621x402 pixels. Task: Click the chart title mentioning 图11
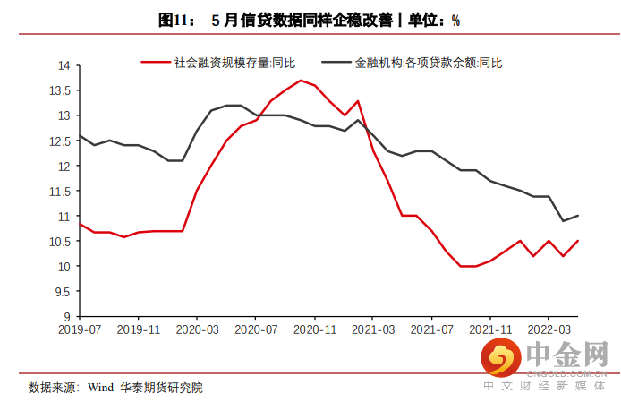[x=310, y=21]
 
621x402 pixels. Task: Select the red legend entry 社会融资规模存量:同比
[x=218, y=63]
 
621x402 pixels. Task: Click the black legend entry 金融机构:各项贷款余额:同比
[x=412, y=63]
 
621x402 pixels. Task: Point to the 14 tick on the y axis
[x=64, y=65]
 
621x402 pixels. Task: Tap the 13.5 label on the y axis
[x=60, y=90]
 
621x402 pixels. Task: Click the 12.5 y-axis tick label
[x=60, y=141]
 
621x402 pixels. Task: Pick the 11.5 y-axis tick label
[x=60, y=192]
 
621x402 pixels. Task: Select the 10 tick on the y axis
[x=64, y=267]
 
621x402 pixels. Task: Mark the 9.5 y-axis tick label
[x=63, y=292]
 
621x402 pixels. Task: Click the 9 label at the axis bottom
[x=67, y=317]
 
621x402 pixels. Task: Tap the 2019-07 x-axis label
[x=80, y=329]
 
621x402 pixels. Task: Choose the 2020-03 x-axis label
[x=197, y=329]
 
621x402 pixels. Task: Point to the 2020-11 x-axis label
[x=315, y=329]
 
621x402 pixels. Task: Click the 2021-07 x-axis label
[x=431, y=329]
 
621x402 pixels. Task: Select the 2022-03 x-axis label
[x=549, y=329]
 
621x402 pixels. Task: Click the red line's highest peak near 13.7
[x=301, y=81]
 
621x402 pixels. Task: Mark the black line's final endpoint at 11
[x=578, y=216]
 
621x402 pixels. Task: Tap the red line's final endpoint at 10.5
[x=578, y=241]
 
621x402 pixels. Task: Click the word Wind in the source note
[x=100, y=388]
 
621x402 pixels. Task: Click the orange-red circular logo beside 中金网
[x=501, y=357]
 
